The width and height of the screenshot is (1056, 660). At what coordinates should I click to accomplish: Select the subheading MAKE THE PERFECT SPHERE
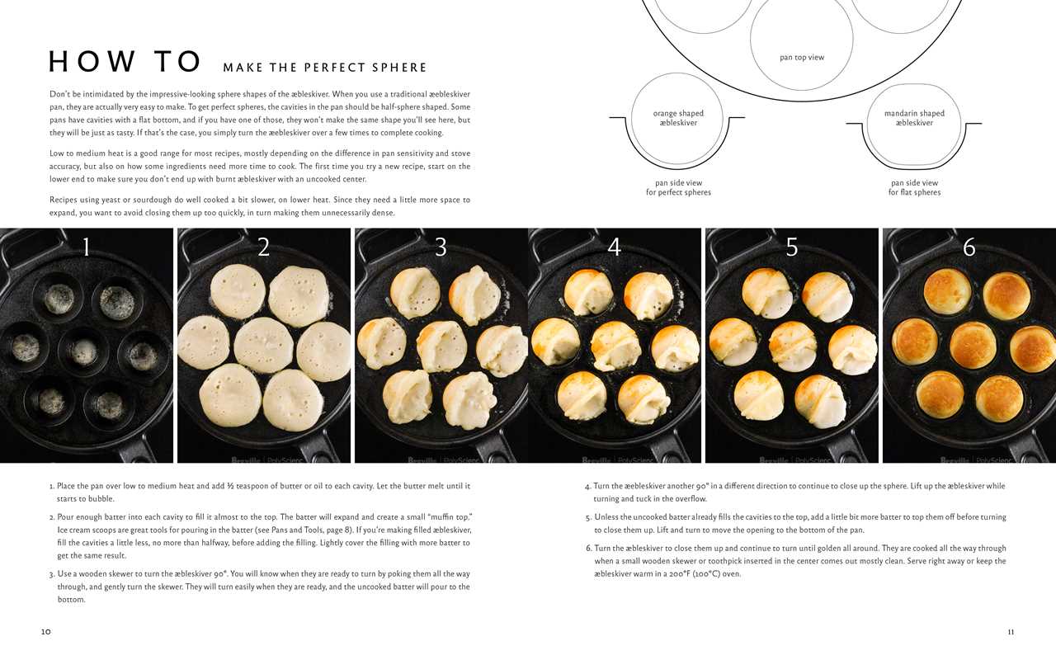[325, 68]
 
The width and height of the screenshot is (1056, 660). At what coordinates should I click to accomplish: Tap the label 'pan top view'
[801, 58]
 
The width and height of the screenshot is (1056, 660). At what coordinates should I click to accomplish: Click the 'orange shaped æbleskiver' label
[678, 118]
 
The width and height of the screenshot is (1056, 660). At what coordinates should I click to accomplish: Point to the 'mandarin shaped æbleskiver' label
[914, 118]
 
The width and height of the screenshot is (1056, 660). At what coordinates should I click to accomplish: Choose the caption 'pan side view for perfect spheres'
[678, 187]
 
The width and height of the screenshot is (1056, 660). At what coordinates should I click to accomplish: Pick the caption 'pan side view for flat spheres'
[914, 187]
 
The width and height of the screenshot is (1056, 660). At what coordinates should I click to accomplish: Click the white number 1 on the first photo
[87, 247]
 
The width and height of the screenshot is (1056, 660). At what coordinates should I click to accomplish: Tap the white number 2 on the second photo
[263, 247]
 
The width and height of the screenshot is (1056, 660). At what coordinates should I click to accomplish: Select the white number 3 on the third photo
[441, 247]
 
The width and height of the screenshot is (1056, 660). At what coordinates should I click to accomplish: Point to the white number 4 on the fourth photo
[614, 247]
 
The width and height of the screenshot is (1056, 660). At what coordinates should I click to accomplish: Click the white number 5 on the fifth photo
[791, 247]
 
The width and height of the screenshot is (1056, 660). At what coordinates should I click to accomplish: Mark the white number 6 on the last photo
[969, 247]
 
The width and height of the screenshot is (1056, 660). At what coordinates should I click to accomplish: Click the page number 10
[45, 632]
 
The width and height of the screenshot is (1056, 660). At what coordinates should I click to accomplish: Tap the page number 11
[1011, 632]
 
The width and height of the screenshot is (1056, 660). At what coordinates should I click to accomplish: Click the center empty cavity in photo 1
[82, 351]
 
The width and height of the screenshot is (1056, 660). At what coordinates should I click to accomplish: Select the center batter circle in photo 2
[262, 345]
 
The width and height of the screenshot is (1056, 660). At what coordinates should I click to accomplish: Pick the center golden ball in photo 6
[973, 345]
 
